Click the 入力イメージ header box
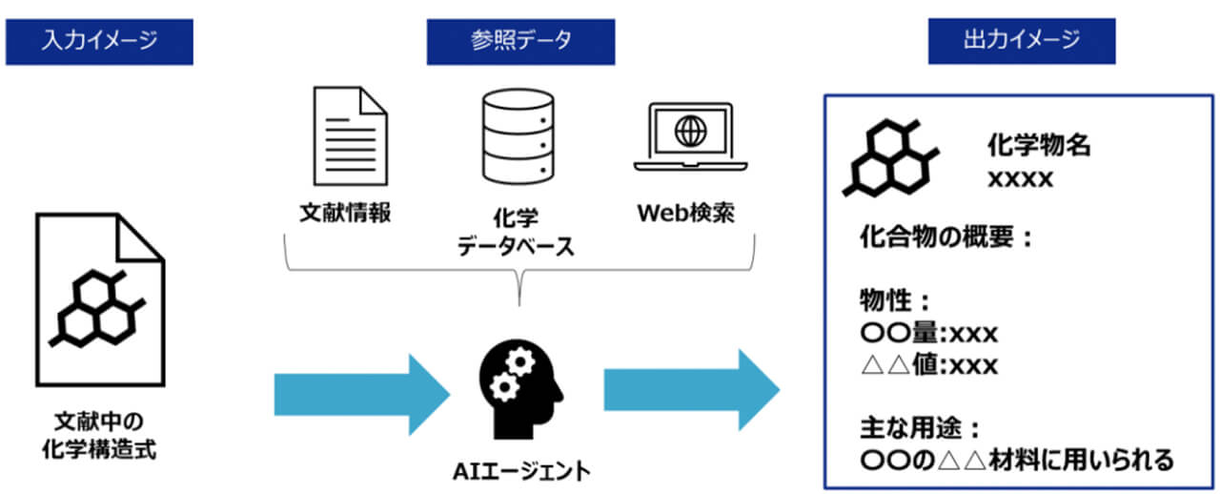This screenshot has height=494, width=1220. click(x=99, y=42)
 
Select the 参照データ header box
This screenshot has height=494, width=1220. click(x=520, y=42)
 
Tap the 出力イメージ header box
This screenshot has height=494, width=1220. click(x=1022, y=42)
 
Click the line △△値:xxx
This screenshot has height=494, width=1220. click(x=928, y=365)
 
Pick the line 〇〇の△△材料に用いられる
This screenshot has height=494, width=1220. click(x=1016, y=460)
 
